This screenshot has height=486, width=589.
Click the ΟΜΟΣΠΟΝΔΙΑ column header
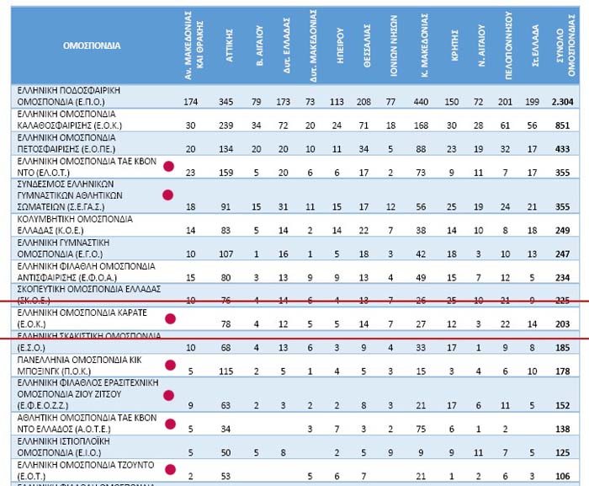(91, 44)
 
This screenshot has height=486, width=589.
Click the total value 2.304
(562, 102)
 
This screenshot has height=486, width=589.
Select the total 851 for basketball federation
(565, 126)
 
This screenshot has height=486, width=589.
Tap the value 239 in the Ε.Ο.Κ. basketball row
(226, 126)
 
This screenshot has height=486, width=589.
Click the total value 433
(565, 149)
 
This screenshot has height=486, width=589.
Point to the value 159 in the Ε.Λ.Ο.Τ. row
(226, 173)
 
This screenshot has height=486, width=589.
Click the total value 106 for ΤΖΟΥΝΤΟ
(565, 475)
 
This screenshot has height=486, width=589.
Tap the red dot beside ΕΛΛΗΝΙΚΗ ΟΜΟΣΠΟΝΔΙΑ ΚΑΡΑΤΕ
(170, 318)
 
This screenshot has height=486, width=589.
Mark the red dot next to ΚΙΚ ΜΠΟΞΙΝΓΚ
(171, 365)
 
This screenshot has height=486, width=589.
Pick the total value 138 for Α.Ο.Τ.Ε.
(565, 430)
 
